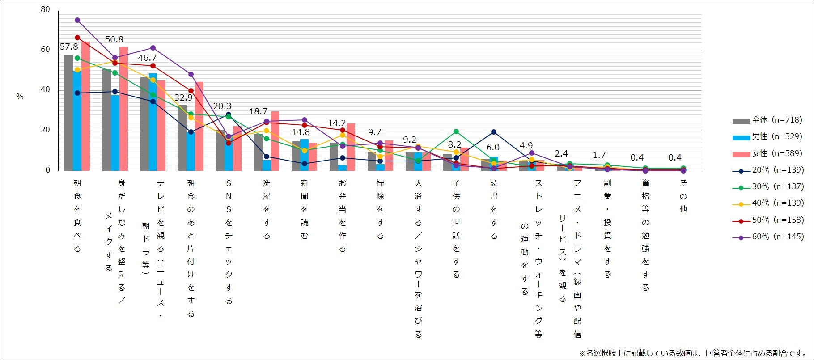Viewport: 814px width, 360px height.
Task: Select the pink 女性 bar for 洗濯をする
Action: [x=275, y=141]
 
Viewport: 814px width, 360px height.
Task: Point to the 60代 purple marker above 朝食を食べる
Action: [x=77, y=20]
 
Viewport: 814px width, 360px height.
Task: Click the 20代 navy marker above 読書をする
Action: [x=494, y=132]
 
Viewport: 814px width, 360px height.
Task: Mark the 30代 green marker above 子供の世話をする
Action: [x=456, y=131]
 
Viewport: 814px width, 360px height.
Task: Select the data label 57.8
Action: [x=69, y=47]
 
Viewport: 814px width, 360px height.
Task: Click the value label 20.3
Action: [x=222, y=106]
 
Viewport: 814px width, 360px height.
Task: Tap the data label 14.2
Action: [x=337, y=123]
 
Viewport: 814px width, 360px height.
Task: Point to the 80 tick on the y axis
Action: [x=45, y=9]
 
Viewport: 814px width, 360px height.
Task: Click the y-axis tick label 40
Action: [x=45, y=89]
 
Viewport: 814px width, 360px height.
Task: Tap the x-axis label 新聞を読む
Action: [x=305, y=209]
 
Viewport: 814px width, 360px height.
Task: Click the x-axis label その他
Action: [x=683, y=196]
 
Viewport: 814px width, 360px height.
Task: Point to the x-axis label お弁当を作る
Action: [x=343, y=216]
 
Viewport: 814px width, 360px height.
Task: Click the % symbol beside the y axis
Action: [x=20, y=97]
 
